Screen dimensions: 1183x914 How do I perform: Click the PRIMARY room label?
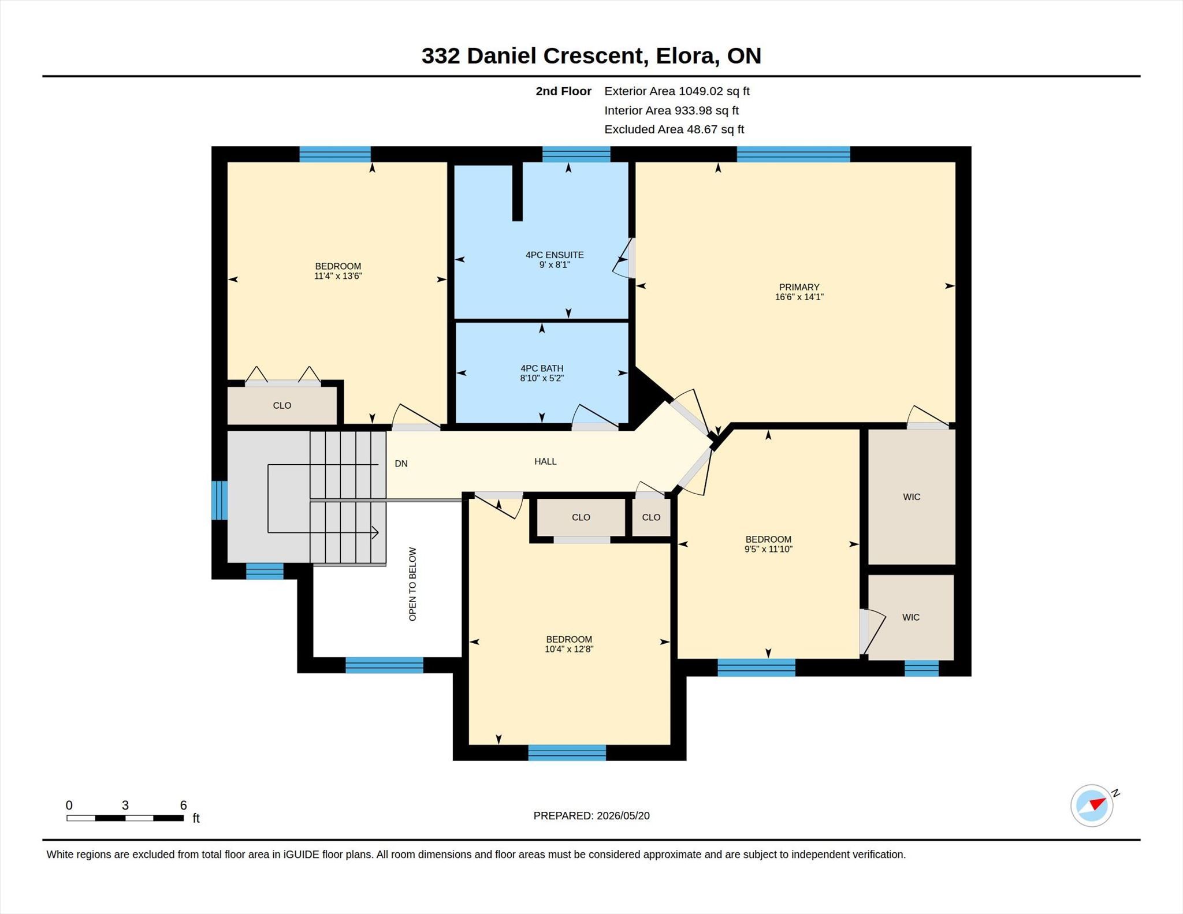[799, 287]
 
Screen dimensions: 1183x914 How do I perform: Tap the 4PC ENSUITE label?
[555, 255]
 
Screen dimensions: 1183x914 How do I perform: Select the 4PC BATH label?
[542, 368]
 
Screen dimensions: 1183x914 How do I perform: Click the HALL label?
[545, 461]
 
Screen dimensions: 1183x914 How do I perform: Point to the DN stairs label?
[401, 464]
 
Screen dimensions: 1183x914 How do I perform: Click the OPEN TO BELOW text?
[412, 584]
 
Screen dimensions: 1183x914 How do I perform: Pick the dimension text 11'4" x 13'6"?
[338, 276]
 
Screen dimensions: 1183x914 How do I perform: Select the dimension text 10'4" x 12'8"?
[569, 649]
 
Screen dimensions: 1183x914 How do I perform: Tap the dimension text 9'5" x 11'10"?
[768, 549]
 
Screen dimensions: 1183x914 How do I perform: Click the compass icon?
[1092, 805]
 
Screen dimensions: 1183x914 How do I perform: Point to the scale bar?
[125, 818]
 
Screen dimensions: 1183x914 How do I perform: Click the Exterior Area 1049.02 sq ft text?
[677, 91]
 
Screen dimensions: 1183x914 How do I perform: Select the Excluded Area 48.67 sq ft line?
[674, 129]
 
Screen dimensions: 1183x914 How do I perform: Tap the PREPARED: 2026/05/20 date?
[591, 816]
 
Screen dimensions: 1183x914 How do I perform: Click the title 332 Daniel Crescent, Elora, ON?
[591, 56]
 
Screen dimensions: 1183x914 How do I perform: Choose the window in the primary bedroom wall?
[793, 154]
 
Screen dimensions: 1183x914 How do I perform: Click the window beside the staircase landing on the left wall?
[220, 500]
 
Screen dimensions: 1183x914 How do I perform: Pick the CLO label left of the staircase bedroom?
[282, 405]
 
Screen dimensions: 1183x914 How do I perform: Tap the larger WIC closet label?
[912, 497]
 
